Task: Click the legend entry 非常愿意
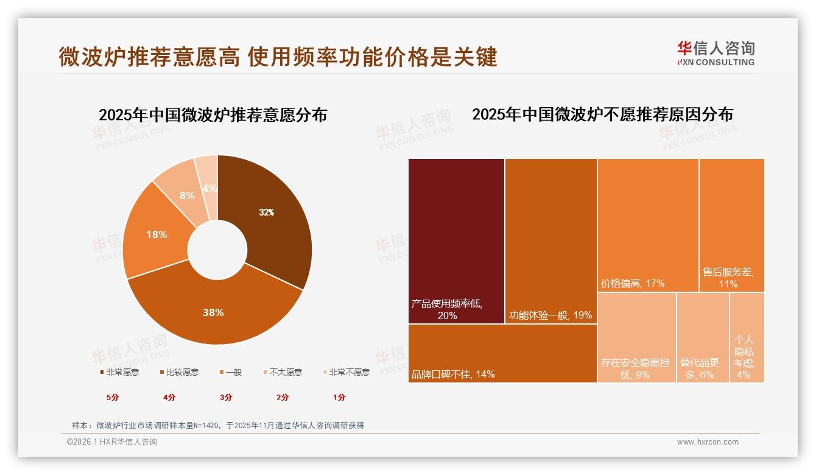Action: [119, 372]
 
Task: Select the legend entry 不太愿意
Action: [282, 372]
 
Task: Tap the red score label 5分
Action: [113, 397]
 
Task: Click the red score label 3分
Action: [226, 397]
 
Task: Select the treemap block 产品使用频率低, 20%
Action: [456, 241]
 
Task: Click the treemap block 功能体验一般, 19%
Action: [550, 241]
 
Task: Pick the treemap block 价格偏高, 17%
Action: [647, 225]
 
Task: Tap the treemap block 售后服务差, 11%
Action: [731, 225]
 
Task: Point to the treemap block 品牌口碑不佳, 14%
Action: [502, 353]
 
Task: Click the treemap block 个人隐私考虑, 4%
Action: [747, 337]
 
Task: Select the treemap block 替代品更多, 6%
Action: [703, 337]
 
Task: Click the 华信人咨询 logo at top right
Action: [716, 53]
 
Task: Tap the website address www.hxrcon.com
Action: [708, 442]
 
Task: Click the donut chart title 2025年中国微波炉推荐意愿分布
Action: [213, 115]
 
